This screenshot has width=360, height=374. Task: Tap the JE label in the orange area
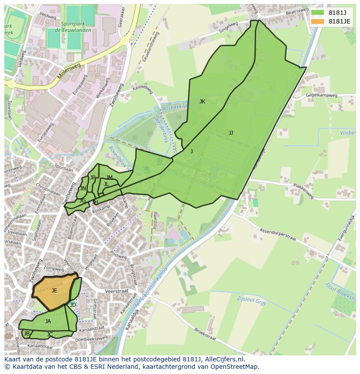pyautogui.click(x=54, y=291)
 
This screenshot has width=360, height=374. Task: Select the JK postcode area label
pyautogui.click(x=202, y=102)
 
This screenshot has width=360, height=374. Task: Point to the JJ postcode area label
pyautogui.click(x=231, y=133)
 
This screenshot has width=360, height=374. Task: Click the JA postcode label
pyautogui.click(x=48, y=321)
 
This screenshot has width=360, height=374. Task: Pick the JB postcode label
pyautogui.click(x=27, y=334)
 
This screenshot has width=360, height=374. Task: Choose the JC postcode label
pyautogui.click(x=50, y=334)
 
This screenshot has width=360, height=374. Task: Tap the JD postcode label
pyautogui.click(x=73, y=305)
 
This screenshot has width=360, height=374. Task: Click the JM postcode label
pyautogui.click(x=109, y=178)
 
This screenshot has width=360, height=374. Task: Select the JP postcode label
pyautogui.click(x=92, y=178)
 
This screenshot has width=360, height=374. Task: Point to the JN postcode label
pyautogui.click(x=83, y=189)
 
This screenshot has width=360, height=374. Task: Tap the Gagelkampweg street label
pyautogui.click(x=321, y=95)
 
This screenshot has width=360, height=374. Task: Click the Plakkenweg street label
pyautogui.click(x=303, y=191)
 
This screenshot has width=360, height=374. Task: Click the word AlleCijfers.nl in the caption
pyautogui.click(x=224, y=360)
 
